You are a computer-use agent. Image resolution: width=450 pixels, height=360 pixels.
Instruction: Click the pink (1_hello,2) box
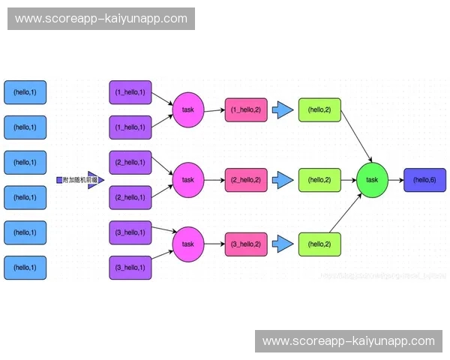point(246,109)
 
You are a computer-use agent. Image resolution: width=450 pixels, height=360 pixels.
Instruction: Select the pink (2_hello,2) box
point(246,180)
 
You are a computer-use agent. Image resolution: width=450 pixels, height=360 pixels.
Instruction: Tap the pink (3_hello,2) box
point(246,244)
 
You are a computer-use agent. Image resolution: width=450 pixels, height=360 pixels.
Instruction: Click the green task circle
point(372,180)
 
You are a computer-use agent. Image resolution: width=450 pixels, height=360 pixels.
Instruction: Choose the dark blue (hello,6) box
point(424,180)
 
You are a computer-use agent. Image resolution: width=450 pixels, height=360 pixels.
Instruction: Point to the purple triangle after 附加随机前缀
point(94,180)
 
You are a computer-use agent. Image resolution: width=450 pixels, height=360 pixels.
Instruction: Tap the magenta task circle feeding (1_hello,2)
point(187,109)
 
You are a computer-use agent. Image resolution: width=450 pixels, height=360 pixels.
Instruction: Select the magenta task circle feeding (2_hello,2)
point(187,180)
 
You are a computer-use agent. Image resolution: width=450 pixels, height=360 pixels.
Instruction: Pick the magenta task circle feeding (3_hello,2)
point(187,244)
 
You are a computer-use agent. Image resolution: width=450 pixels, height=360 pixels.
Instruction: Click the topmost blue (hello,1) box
point(25,92)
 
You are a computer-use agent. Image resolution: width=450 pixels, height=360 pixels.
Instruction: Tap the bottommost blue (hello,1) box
point(25,268)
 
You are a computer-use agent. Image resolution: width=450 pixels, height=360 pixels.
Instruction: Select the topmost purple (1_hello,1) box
point(130,92)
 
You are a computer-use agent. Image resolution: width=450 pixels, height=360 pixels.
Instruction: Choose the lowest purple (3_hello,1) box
point(130,268)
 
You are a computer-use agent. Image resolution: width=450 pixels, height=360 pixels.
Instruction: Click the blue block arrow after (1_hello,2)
point(283,109)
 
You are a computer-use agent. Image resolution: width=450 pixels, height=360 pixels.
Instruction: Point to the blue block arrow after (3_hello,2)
point(283,244)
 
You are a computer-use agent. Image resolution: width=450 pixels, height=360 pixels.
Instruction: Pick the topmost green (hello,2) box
point(319,109)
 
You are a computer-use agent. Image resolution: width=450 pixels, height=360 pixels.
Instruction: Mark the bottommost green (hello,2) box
point(319,244)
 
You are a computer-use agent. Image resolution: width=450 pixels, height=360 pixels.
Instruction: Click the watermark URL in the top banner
point(101,19)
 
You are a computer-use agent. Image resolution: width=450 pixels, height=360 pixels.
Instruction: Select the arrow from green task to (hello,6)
point(396,180)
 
